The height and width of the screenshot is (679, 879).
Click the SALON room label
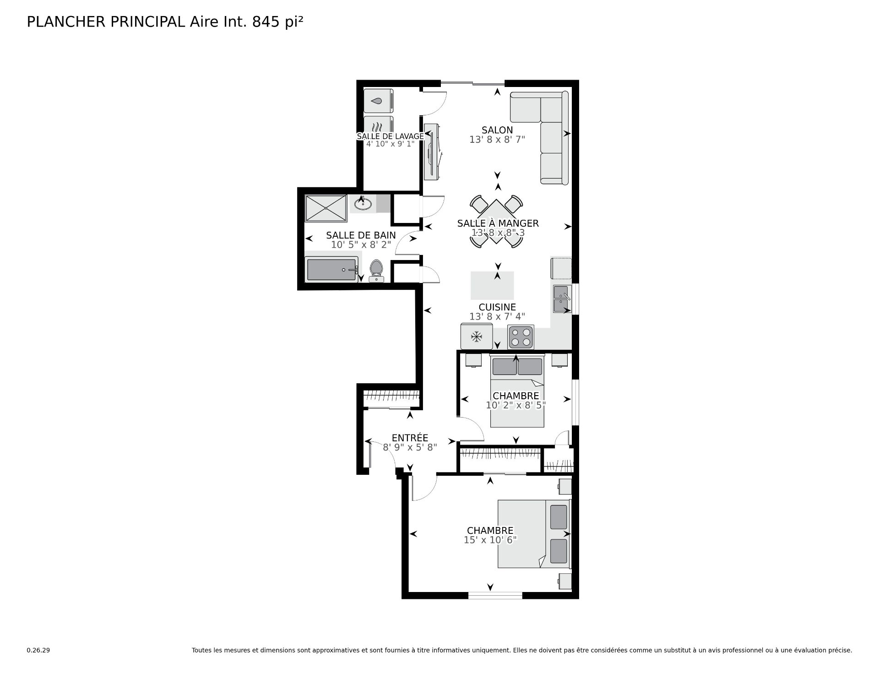tap(497, 130)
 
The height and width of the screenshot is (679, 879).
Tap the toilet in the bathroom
tap(376, 271)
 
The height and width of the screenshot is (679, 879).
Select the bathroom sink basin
tap(363, 203)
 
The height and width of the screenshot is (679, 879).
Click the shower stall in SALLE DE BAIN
tap(326, 209)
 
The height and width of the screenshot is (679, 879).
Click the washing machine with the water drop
tap(378, 101)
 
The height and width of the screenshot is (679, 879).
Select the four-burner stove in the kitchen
tap(521, 337)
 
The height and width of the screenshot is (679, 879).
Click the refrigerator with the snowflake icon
tap(477, 337)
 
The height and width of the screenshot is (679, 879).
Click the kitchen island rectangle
tap(492, 285)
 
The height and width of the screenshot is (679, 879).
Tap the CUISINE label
tap(497, 307)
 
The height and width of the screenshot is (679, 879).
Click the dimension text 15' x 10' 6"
tap(490, 540)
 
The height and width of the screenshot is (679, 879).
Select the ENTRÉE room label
tap(410, 438)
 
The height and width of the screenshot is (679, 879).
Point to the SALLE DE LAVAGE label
tap(391, 136)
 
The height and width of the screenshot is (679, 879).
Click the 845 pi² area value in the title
tap(278, 22)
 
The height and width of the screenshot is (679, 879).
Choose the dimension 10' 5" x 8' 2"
tap(361, 245)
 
